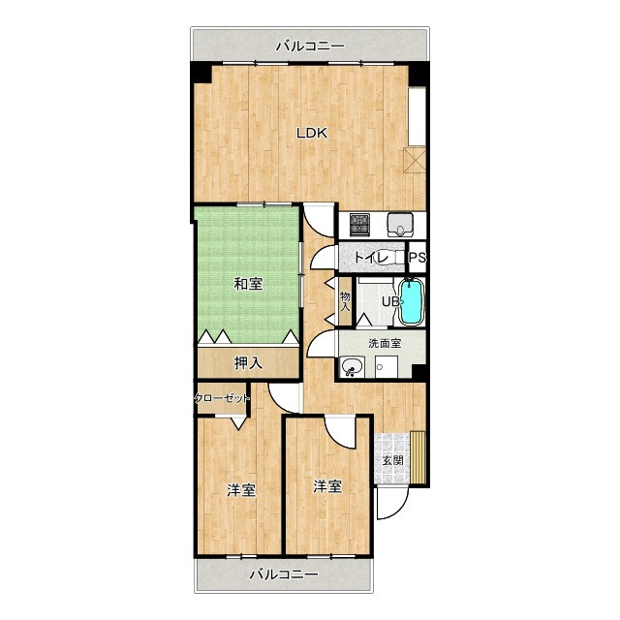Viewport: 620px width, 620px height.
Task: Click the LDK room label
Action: click(x=312, y=134)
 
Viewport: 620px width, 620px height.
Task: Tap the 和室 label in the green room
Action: click(x=248, y=284)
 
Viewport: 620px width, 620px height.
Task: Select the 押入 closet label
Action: click(x=248, y=363)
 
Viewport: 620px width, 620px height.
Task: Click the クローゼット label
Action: click(x=222, y=398)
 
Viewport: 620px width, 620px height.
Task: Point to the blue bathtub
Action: click(x=411, y=301)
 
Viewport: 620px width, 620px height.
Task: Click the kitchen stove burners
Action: click(x=360, y=225)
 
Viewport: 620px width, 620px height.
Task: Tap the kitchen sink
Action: click(x=400, y=225)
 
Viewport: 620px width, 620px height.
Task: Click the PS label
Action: click(x=418, y=258)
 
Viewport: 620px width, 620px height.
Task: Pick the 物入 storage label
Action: click(x=345, y=301)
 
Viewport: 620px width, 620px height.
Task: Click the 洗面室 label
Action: click(x=385, y=343)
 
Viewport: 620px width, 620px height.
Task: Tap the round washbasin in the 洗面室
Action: click(x=353, y=366)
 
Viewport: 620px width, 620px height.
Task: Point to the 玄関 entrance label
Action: click(x=393, y=460)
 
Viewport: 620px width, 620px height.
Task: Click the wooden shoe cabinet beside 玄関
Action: click(x=418, y=457)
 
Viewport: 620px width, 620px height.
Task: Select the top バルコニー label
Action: click(x=310, y=46)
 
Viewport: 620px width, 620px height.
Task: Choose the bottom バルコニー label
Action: click(x=284, y=573)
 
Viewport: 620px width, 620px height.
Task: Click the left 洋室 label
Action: click(x=241, y=490)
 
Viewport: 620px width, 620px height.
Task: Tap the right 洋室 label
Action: click(x=327, y=486)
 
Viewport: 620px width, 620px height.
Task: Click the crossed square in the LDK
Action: click(x=414, y=160)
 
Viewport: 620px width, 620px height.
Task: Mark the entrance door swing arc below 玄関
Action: click(x=398, y=511)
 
